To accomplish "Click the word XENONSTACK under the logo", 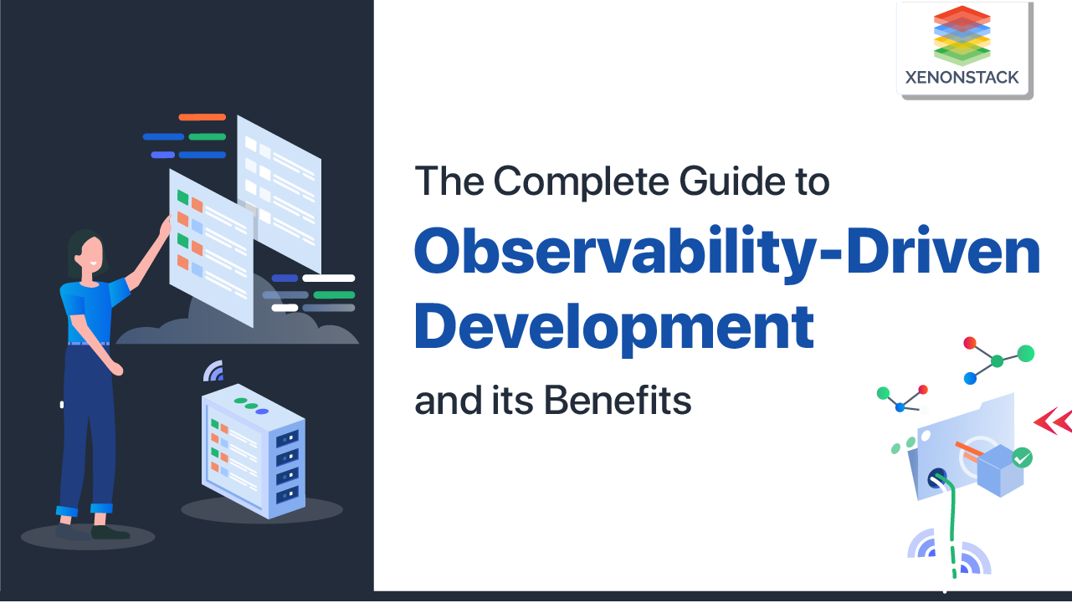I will pyautogui.click(x=962, y=78).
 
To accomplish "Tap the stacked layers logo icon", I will pyautogui.click(x=962, y=35).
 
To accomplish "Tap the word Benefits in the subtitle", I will pyautogui.click(x=618, y=401).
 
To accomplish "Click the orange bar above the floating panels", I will pyautogui.click(x=202, y=117).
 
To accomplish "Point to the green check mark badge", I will pyautogui.click(x=1022, y=457).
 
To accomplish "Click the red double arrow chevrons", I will pyautogui.click(x=1054, y=422).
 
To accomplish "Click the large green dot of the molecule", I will pyautogui.click(x=1025, y=353).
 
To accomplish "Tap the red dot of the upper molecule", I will pyautogui.click(x=970, y=343).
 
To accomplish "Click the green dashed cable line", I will pyautogui.click(x=951, y=527).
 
